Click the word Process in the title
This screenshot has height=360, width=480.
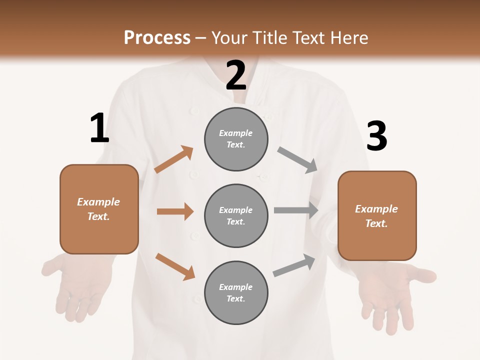[x=157, y=38]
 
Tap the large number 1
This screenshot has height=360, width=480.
[x=99, y=128]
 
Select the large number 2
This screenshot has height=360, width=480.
[x=236, y=75]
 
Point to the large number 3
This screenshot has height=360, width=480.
[x=377, y=136]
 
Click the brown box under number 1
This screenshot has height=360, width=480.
[x=99, y=209]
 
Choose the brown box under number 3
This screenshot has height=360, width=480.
[x=377, y=215]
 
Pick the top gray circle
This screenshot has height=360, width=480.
[x=236, y=139]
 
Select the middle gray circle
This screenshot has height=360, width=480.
[x=236, y=215]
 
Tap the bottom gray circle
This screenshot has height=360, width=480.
[x=236, y=292]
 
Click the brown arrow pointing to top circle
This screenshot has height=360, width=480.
[x=173, y=159]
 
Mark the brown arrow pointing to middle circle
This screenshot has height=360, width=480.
[x=175, y=211]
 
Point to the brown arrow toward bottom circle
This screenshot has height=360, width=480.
[x=175, y=266]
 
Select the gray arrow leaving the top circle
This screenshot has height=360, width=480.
[x=297, y=160]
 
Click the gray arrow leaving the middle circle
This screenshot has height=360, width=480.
[x=296, y=210]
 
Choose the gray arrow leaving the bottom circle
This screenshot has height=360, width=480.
[x=294, y=265]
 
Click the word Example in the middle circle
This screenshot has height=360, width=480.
[x=235, y=210]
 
